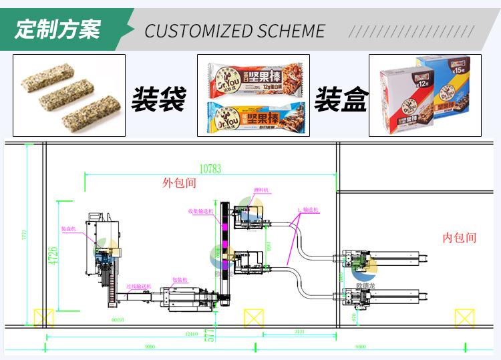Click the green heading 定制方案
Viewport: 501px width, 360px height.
click(x=58, y=30)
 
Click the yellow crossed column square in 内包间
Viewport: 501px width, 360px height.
click(x=464, y=318)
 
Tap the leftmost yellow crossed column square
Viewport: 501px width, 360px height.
click(x=43, y=318)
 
